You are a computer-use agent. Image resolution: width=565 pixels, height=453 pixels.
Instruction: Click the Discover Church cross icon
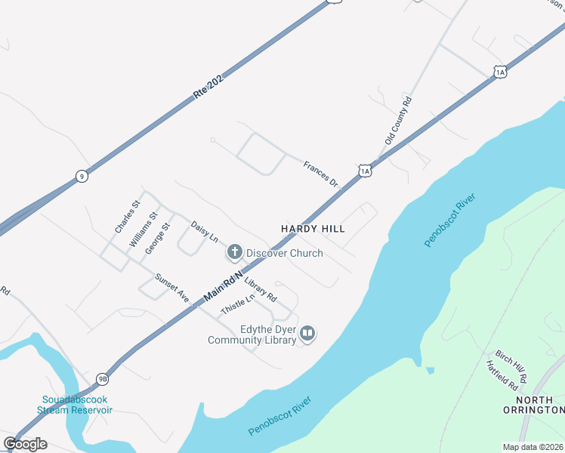tap(235, 252)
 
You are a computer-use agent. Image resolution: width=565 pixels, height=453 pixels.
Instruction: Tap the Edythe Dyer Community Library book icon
tap(307, 333)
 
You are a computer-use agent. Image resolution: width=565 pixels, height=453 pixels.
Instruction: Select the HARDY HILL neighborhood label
tap(313, 228)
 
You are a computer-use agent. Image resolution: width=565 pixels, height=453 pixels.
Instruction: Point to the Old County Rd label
tap(398, 120)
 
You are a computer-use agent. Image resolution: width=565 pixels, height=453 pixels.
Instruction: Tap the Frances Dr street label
tap(320, 174)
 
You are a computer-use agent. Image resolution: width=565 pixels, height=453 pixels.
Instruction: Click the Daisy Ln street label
tap(204, 231)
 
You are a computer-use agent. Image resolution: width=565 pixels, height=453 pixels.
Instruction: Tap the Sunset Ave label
tap(171, 288)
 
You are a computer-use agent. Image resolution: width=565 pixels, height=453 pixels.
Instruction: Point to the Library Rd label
tap(261, 289)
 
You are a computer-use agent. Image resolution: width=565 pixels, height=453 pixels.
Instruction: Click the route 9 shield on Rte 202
tap(81, 177)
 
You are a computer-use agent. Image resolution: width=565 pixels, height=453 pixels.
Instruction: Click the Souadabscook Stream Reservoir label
tap(77, 404)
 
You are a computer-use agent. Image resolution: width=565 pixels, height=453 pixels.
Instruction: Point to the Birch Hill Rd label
tap(511, 365)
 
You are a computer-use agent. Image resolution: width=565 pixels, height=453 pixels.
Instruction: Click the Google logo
tap(25, 444)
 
